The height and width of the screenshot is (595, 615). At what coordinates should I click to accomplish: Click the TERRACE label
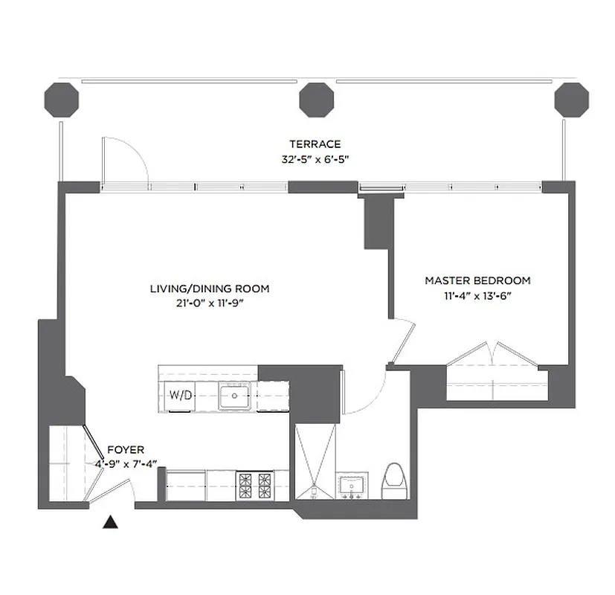point(315,144)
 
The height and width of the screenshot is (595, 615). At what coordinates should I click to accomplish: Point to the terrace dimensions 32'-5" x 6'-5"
point(315,158)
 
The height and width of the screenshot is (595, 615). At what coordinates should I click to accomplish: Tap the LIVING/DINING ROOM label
point(210,289)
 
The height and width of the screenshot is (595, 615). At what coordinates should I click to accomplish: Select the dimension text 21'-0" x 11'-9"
point(210,303)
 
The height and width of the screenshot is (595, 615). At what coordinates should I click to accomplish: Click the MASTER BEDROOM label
point(477,280)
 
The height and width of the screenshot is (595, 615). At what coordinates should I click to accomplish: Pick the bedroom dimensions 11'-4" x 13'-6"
point(477,295)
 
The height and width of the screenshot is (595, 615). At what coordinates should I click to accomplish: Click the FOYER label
point(126,450)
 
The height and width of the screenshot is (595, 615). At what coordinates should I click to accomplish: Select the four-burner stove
point(254,486)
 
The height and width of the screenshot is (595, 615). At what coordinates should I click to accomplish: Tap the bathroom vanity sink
point(352,486)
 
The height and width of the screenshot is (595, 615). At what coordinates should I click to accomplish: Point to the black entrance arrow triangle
point(110,523)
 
